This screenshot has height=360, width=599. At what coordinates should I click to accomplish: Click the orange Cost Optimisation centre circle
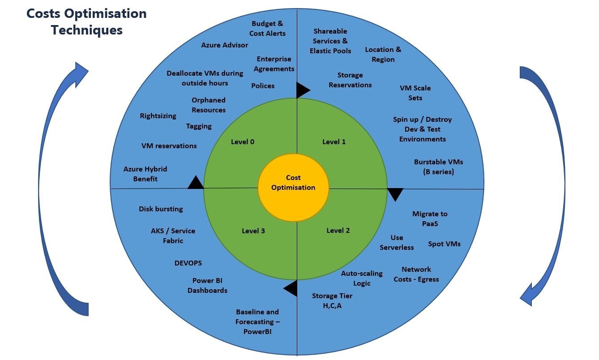[293, 187]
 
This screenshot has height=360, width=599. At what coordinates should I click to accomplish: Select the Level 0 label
[243, 142]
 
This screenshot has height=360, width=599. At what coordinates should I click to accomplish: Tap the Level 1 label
[334, 142]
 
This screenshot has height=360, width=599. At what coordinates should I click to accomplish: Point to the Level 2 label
[338, 231]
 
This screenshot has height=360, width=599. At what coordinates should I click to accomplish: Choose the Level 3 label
[253, 231]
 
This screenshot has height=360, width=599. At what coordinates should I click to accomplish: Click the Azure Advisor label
[224, 45]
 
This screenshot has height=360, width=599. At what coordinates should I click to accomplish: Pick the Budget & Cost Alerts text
[267, 29]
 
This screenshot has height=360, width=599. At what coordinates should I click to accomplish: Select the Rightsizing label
[158, 116]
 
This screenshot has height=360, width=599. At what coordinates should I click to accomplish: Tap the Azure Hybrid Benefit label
[145, 174]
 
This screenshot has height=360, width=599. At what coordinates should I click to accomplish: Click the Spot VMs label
[444, 244]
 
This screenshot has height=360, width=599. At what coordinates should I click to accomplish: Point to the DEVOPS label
[188, 263]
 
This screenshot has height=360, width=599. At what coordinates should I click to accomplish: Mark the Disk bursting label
[161, 209]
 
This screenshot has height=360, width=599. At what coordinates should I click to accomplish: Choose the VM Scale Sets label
[415, 93]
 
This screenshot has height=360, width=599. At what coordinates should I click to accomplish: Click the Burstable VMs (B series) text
[438, 167]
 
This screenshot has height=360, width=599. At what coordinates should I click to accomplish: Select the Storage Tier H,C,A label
[332, 301]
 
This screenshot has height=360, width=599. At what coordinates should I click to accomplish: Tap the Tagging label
[199, 126]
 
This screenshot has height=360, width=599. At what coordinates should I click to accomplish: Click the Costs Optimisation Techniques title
[86, 21]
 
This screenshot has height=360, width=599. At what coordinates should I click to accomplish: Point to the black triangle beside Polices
[302, 90]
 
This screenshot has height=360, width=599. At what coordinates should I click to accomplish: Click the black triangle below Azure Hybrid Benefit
[196, 183]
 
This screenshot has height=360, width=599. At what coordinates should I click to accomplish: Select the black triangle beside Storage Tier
[291, 288]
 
